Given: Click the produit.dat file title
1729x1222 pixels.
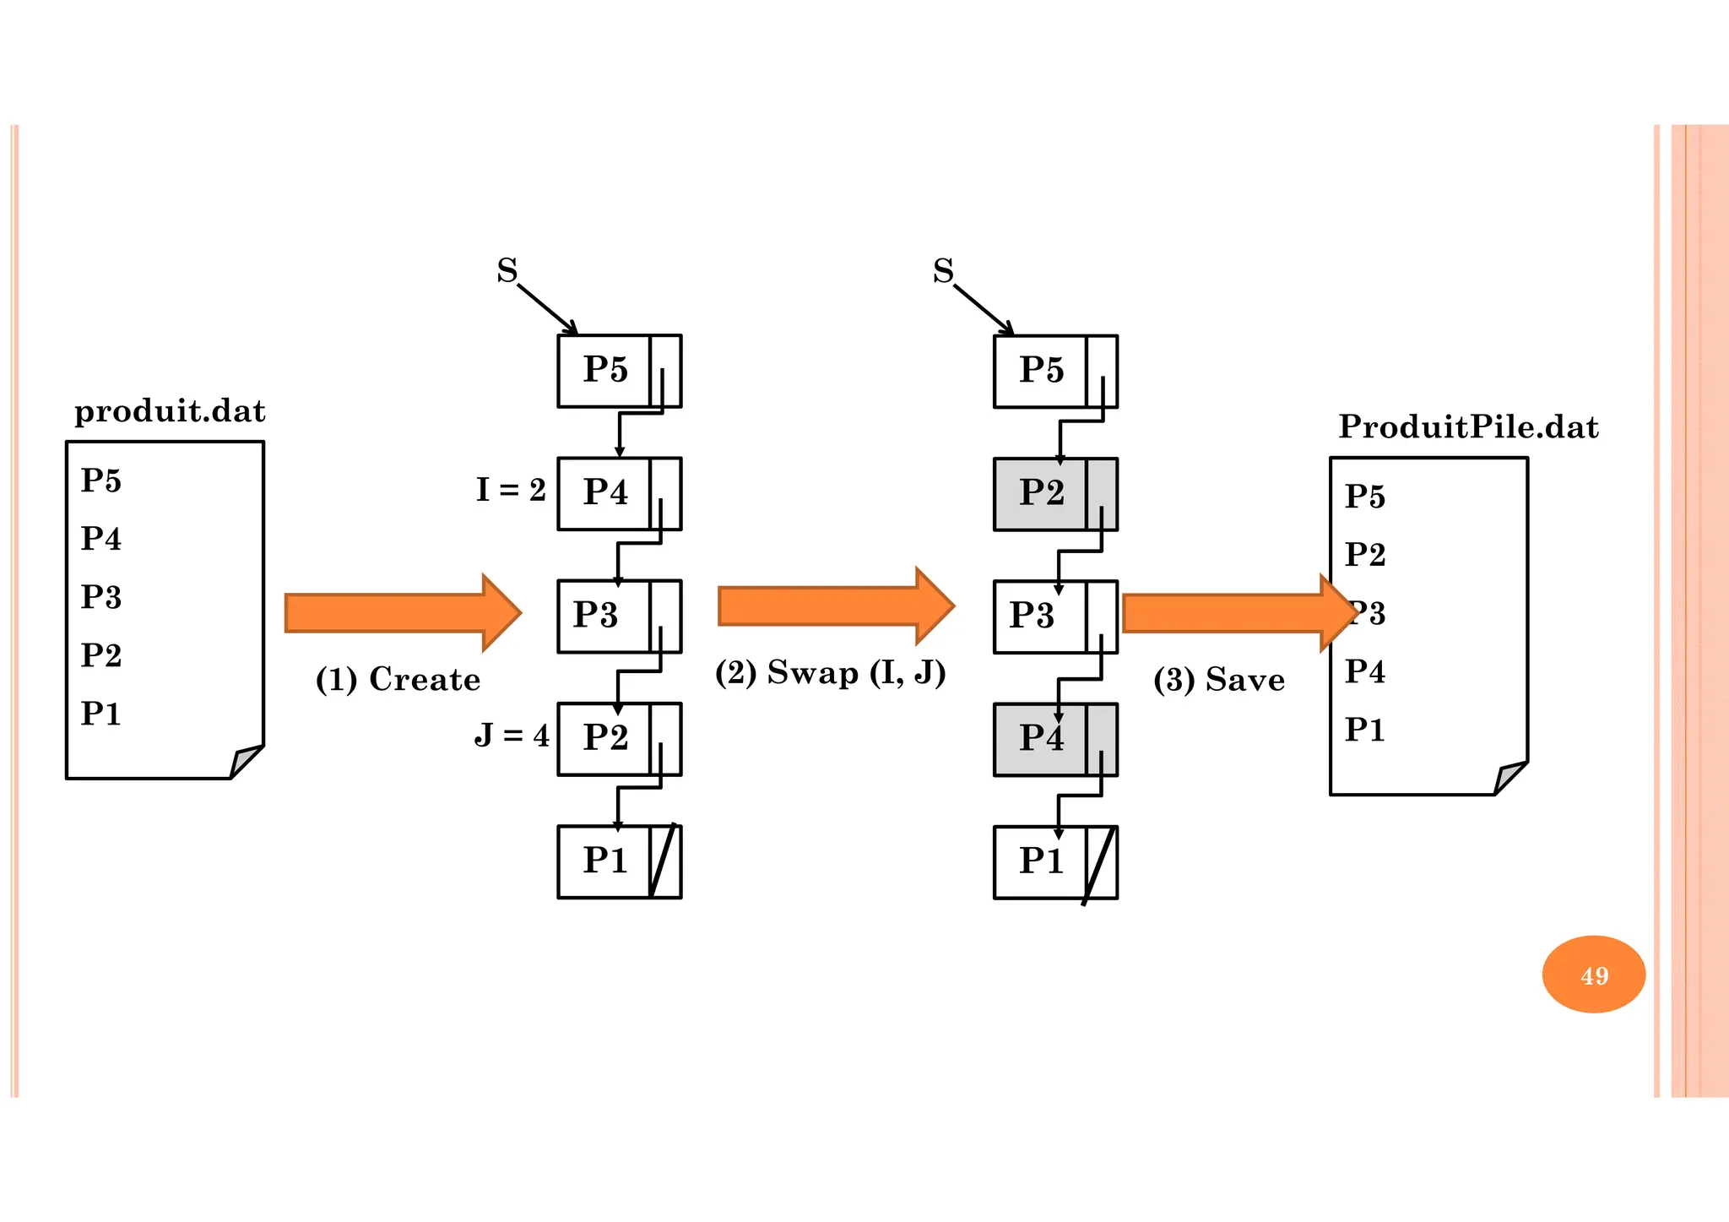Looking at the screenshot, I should click(x=170, y=411).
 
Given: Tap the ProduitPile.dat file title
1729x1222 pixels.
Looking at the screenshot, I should click(x=1468, y=427).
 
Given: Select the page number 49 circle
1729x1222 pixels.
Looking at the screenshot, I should click(x=1593, y=975).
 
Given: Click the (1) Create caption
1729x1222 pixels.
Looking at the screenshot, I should click(x=398, y=680).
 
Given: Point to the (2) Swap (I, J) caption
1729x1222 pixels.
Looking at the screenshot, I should click(x=830, y=673).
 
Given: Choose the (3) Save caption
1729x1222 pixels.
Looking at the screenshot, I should click(x=1218, y=680).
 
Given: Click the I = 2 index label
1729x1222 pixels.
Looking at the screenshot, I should click(x=511, y=490).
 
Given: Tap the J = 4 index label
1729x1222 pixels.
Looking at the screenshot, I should click(x=512, y=735).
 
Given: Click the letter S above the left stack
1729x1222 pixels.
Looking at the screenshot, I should click(x=507, y=271).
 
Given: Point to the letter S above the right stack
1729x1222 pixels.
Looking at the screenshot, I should click(x=943, y=271).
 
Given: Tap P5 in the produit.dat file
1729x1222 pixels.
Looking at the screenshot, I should click(x=101, y=481).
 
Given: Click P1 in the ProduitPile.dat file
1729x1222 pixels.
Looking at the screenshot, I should click(x=1364, y=730).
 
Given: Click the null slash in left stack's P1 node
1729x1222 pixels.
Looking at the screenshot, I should click(x=664, y=861).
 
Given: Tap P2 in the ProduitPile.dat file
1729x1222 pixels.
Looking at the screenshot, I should click(x=1364, y=555).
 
